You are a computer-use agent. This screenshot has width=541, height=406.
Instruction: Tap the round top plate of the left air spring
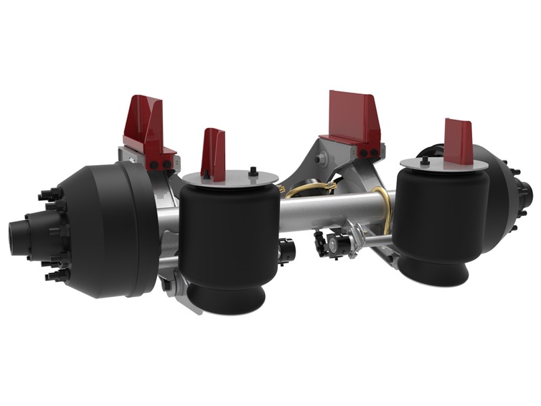pyautogui.click(x=230, y=178)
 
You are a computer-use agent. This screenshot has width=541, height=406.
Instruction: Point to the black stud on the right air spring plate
pyautogui.click(x=424, y=160)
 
